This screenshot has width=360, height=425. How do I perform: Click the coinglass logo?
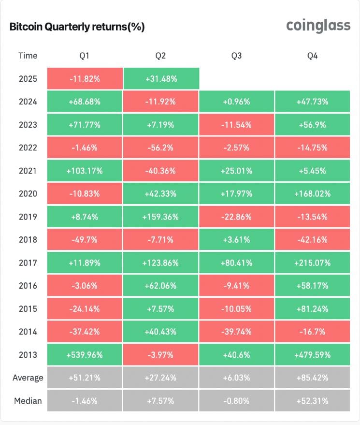point(318,26)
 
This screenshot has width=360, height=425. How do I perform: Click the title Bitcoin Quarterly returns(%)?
point(77,27)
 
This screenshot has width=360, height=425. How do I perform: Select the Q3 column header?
point(236,56)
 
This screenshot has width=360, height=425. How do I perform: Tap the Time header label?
point(28,56)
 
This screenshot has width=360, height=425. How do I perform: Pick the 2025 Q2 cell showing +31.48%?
point(161,79)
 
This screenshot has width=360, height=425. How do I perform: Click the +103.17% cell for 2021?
point(85,171)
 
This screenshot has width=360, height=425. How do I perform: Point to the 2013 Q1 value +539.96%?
point(85,355)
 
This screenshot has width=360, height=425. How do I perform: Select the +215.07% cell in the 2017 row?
point(312,263)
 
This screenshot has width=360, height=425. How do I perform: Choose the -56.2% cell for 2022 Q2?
point(160,148)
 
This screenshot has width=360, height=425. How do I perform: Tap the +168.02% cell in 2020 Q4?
point(312,194)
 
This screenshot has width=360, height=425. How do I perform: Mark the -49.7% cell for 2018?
point(85,240)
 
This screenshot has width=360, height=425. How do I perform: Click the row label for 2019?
point(28,217)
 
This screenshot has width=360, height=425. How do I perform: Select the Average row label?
point(28,378)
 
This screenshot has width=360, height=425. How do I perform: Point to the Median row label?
point(28,401)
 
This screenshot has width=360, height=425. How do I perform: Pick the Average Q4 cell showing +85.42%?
point(312,378)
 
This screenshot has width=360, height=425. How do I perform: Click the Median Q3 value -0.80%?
point(236,401)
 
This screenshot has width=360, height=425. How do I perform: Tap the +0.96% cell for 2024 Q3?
point(236,102)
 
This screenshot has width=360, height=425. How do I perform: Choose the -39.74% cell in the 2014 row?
point(236,332)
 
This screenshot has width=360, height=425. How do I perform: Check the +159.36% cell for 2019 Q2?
point(160,217)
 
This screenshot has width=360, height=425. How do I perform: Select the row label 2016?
point(28,286)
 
